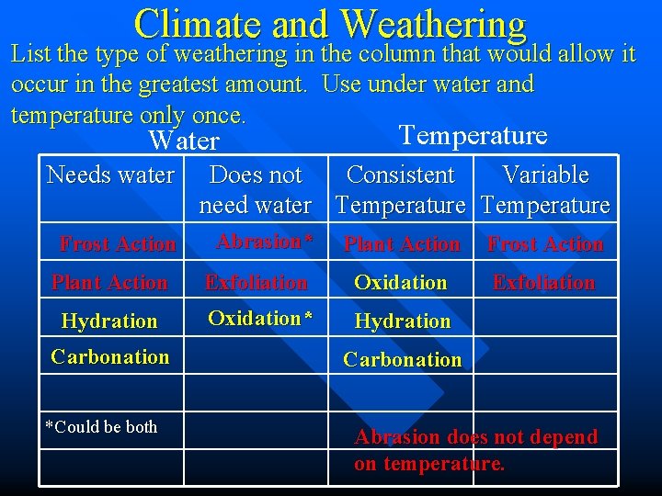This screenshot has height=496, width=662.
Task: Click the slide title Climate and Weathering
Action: coord(330,24)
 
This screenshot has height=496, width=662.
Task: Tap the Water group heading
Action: coord(184,141)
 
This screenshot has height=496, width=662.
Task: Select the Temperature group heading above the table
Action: coord(473,135)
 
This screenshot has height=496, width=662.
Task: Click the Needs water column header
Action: coord(110,175)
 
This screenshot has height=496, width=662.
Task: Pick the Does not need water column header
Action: coord(256,189)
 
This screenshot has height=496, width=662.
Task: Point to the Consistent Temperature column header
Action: coord(401,189)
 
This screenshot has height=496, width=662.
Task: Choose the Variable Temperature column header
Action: coord(545,189)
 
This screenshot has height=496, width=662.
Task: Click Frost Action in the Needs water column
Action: coord(117,244)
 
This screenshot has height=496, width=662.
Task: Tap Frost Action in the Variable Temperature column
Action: coord(545,244)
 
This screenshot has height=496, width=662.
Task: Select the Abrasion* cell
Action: coord(264,242)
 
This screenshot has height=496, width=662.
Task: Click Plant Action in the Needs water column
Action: coord(109,283)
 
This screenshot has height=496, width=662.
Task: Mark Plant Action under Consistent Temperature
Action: coord(402,244)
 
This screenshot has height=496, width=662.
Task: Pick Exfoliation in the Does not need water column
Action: coord(256,283)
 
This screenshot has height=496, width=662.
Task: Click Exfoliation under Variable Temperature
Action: coord(543,283)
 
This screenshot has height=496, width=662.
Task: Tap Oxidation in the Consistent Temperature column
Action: coord(401,283)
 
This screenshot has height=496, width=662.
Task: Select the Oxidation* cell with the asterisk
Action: coord(260,319)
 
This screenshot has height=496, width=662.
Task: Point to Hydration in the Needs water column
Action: coord(109,321)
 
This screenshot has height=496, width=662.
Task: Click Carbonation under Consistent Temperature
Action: coord(402,360)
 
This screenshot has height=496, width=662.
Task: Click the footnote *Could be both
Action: coord(101,427)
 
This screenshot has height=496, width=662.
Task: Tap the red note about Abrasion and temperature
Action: coord(475,450)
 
